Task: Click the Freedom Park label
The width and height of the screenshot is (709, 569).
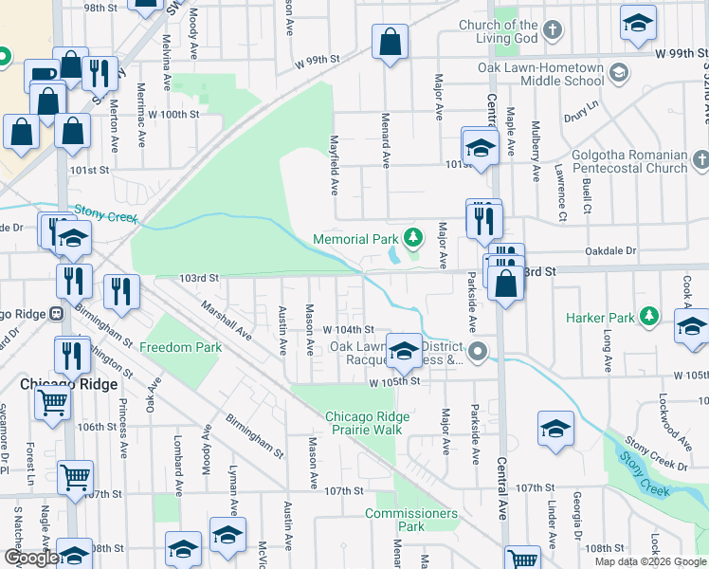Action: tap(180, 347)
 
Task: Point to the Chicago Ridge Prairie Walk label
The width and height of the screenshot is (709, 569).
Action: tap(368, 423)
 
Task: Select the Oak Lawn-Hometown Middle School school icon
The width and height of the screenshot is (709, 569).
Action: tap(618, 73)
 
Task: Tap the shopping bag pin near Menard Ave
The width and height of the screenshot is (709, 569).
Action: tap(390, 42)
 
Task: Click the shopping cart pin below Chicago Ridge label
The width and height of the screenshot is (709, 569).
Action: tap(53, 403)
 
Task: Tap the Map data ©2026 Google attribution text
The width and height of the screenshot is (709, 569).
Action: tap(649, 561)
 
